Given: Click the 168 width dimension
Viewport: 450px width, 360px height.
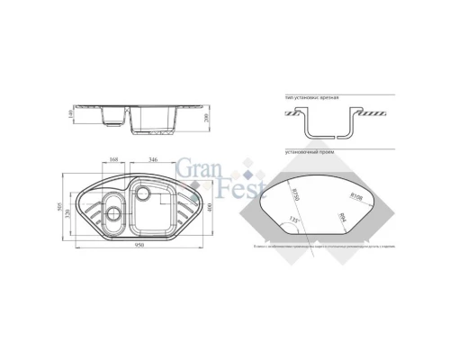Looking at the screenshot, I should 113,162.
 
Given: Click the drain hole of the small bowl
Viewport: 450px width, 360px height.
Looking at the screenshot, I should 112,215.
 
